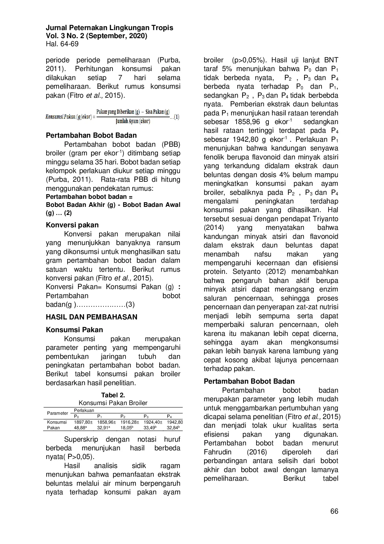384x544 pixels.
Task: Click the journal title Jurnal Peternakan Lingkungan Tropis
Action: (109, 28)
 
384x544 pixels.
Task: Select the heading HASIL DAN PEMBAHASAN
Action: (91, 317)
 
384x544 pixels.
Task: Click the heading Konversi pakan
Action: (72, 225)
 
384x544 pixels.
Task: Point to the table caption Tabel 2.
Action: (113, 395)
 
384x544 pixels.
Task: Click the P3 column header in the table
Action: (146, 417)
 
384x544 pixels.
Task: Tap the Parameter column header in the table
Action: (57, 413)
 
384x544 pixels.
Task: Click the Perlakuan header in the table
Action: (84, 410)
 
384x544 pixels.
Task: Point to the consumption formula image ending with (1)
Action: (112, 117)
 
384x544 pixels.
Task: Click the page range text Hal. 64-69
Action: (62, 44)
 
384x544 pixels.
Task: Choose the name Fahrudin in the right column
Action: (220, 452)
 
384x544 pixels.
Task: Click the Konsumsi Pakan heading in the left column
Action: (74, 330)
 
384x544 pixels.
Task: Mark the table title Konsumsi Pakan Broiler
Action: (113, 403)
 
